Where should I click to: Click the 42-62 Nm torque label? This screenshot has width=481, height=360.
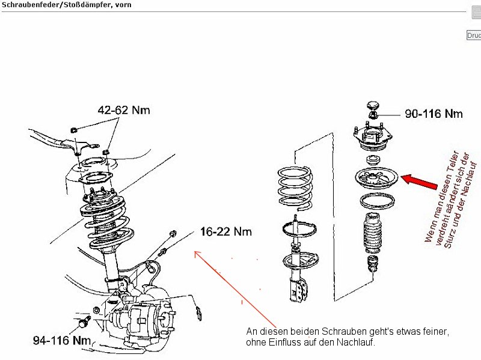pyautogui.click(x=124, y=110)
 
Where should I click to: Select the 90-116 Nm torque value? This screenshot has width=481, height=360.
pyautogui.click(x=434, y=113)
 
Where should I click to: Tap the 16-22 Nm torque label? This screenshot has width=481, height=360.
pyautogui.click(x=225, y=231)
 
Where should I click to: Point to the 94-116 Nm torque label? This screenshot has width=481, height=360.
pyautogui.click(x=61, y=341)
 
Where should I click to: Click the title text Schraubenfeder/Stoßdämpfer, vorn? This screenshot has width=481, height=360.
pyautogui.click(x=66, y=5)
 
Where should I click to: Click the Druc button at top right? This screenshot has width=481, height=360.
pyautogui.click(x=474, y=35)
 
